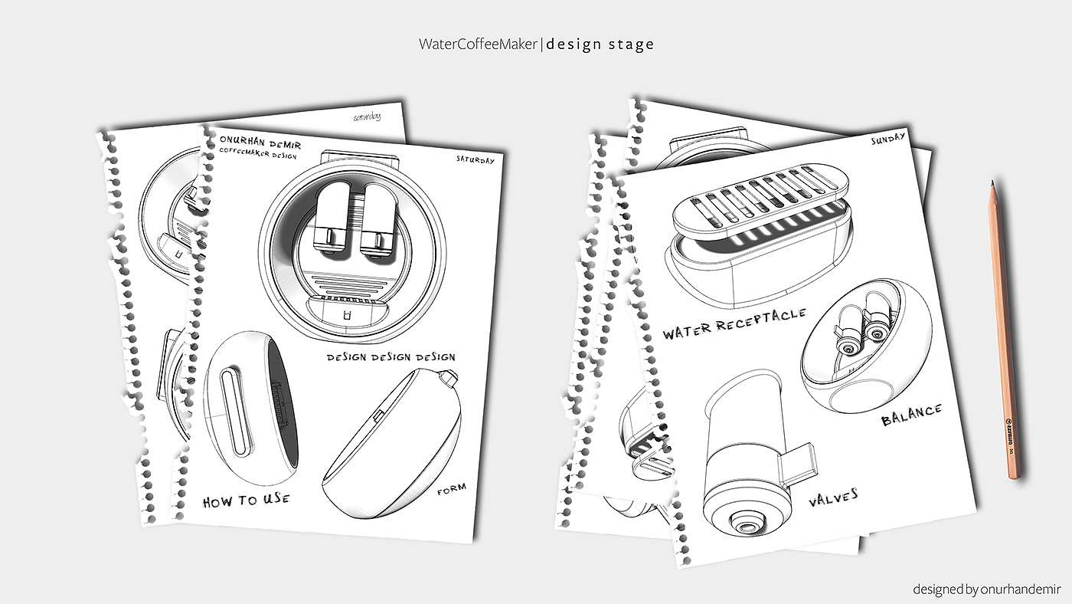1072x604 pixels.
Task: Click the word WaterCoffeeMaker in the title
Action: pyautogui.click(x=479, y=44)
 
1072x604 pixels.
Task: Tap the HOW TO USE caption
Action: pyautogui.click(x=247, y=501)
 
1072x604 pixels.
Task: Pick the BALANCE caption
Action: pyautogui.click(x=911, y=415)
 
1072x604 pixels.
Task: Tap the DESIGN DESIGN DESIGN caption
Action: pyautogui.click(x=391, y=357)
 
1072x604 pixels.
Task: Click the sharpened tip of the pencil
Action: pyautogui.click(x=992, y=184)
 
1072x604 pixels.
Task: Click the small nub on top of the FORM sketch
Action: pyautogui.click(x=449, y=378)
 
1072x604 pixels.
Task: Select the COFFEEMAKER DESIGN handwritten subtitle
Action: pyautogui.click(x=259, y=154)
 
